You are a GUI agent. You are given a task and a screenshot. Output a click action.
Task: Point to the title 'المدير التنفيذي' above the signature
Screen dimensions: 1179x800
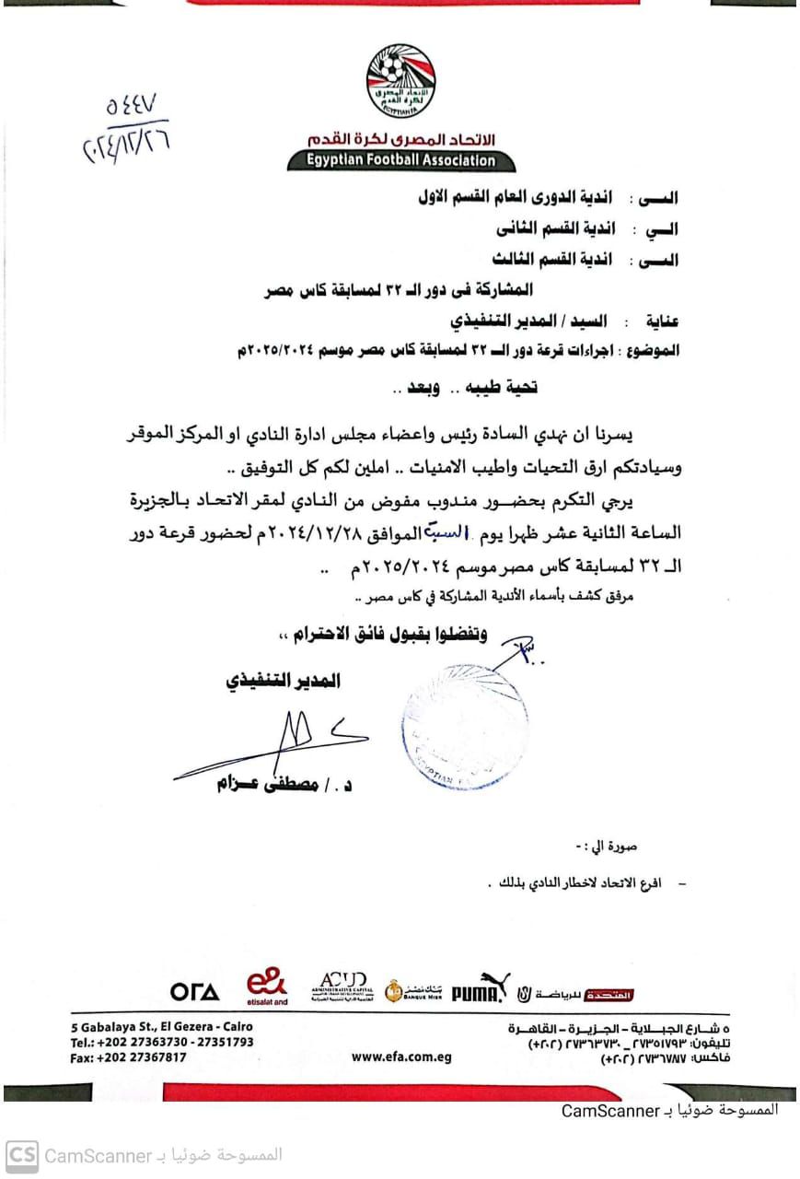click(x=283, y=681)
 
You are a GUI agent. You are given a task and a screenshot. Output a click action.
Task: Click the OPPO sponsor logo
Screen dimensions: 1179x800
click(x=194, y=992)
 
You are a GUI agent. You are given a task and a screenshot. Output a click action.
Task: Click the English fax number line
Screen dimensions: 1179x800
click(x=128, y=1057)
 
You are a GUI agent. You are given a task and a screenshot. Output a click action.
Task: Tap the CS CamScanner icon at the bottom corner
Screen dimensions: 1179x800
click(x=22, y=1155)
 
